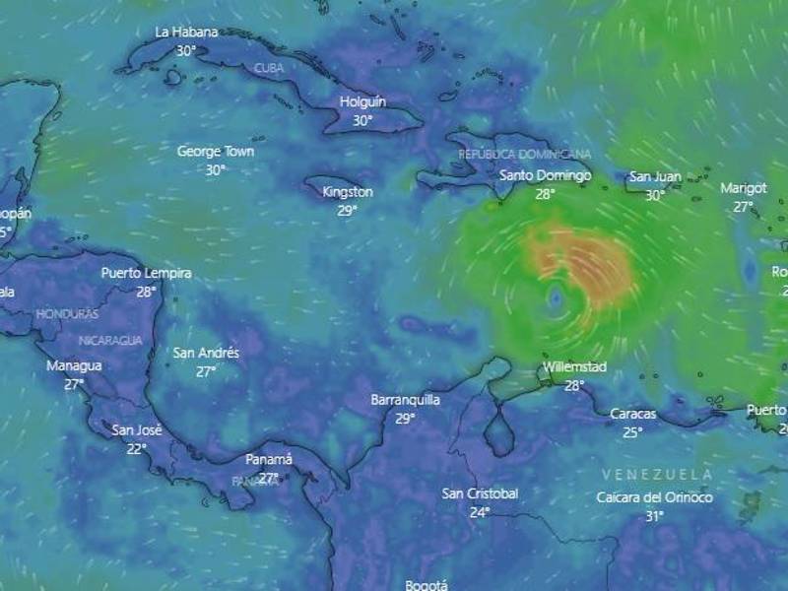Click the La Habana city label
(x=186, y=32)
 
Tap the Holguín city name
(x=362, y=101)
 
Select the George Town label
(x=216, y=152)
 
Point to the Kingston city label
(x=348, y=192)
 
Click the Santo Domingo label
(x=545, y=176)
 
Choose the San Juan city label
(x=655, y=177)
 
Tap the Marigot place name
(x=744, y=188)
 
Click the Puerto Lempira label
(x=147, y=273)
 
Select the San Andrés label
(x=206, y=353)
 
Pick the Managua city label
(x=74, y=365)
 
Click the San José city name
(x=136, y=429)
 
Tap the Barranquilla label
(x=405, y=400)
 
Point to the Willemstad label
(x=573, y=367)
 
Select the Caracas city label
(x=632, y=414)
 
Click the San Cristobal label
(x=480, y=493)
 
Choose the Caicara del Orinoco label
(x=654, y=497)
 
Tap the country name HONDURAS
(x=67, y=314)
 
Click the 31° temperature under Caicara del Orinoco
(x=654, y=515)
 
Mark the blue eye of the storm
(x=557, y=295)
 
